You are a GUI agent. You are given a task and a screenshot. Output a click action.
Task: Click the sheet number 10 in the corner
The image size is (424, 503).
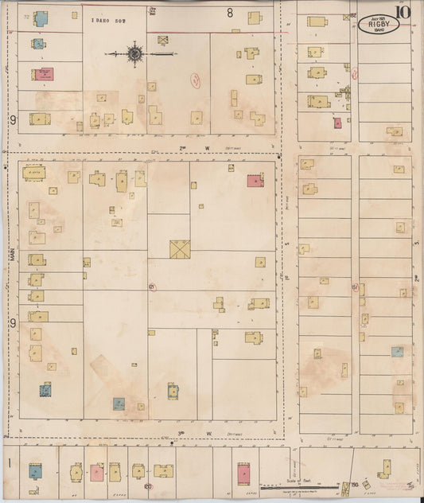[406, 13]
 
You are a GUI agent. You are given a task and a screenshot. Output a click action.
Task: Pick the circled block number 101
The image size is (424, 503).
[154, 286]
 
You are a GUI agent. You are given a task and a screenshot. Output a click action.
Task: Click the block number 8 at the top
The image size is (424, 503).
[230, 13]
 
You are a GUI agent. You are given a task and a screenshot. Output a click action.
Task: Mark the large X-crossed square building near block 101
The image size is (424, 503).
[179, 249]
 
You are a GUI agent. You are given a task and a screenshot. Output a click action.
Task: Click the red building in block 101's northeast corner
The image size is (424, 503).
[255, 181]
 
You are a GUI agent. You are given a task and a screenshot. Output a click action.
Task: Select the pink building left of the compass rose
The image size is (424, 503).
[43, 74]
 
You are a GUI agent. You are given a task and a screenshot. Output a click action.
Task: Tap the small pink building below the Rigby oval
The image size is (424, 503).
[338, 123]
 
